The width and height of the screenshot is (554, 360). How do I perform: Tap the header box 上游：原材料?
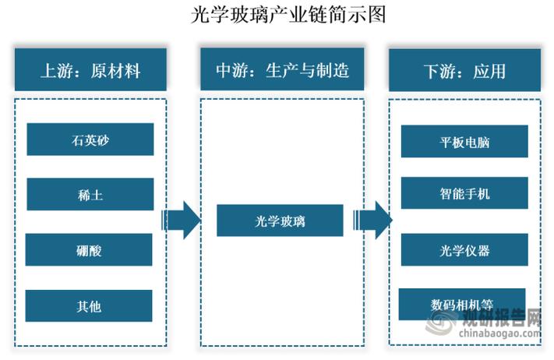tap(90, 71)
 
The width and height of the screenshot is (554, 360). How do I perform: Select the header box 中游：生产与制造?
tap(281, 71)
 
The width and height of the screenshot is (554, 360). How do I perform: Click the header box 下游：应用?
tap(464, 71)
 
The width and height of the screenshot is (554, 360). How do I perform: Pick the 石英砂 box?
tap(90, 139)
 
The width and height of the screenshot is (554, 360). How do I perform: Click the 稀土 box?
tap(90, 195)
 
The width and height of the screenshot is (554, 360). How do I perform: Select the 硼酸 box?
tap(90, 250)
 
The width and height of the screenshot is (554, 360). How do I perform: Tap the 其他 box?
tap(90, 306)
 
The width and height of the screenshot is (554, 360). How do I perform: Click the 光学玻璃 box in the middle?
tap(280, 221)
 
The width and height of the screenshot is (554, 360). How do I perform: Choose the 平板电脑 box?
tap(464, 142)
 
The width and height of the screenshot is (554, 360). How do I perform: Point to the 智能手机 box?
tap(464, 194)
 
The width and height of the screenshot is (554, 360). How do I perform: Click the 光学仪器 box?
tap(464, 250)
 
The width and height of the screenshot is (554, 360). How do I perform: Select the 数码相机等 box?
tap(462, 304)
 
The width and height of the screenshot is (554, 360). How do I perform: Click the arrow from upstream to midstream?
tap(182, 221)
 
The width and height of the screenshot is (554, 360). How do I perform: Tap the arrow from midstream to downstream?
tap(372, 221)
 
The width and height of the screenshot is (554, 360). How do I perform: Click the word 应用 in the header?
tap(489, 71)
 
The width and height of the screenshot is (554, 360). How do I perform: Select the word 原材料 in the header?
tap(115, 71)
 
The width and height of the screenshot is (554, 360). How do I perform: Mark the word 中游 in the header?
tap(231, 71)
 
